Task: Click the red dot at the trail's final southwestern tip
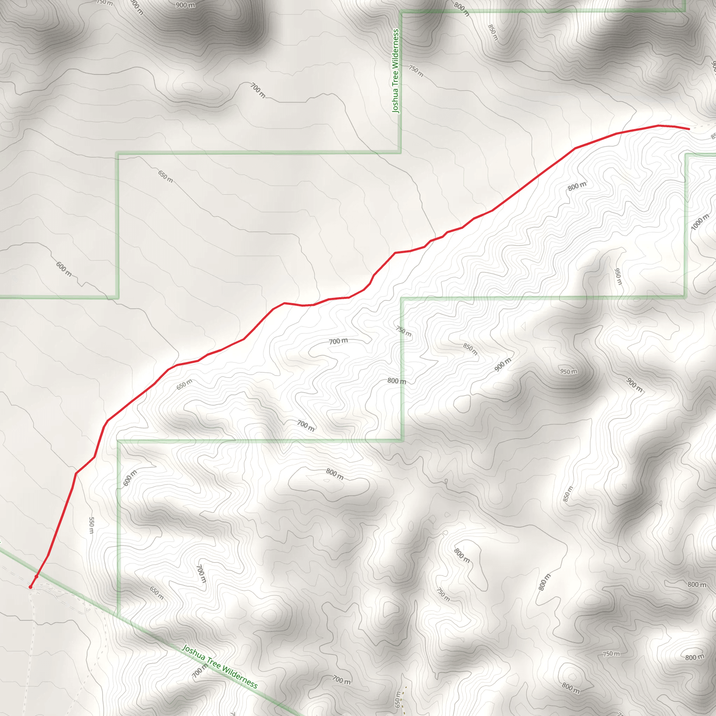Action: click(30, 587)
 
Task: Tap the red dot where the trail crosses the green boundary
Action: click(36, 577)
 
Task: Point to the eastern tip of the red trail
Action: click(689, 129)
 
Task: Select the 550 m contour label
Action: click(92, 525)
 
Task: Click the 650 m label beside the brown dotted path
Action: click(397, 699)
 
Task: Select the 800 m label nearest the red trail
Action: click(577, 186)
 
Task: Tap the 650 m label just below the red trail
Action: click(184, 384)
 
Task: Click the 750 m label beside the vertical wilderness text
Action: click(416, 71)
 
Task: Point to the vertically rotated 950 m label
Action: click(618, 277)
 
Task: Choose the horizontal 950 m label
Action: click(568, 371)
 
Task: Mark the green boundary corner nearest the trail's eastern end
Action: click(686, 154)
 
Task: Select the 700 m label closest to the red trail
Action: click(338, 341)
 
